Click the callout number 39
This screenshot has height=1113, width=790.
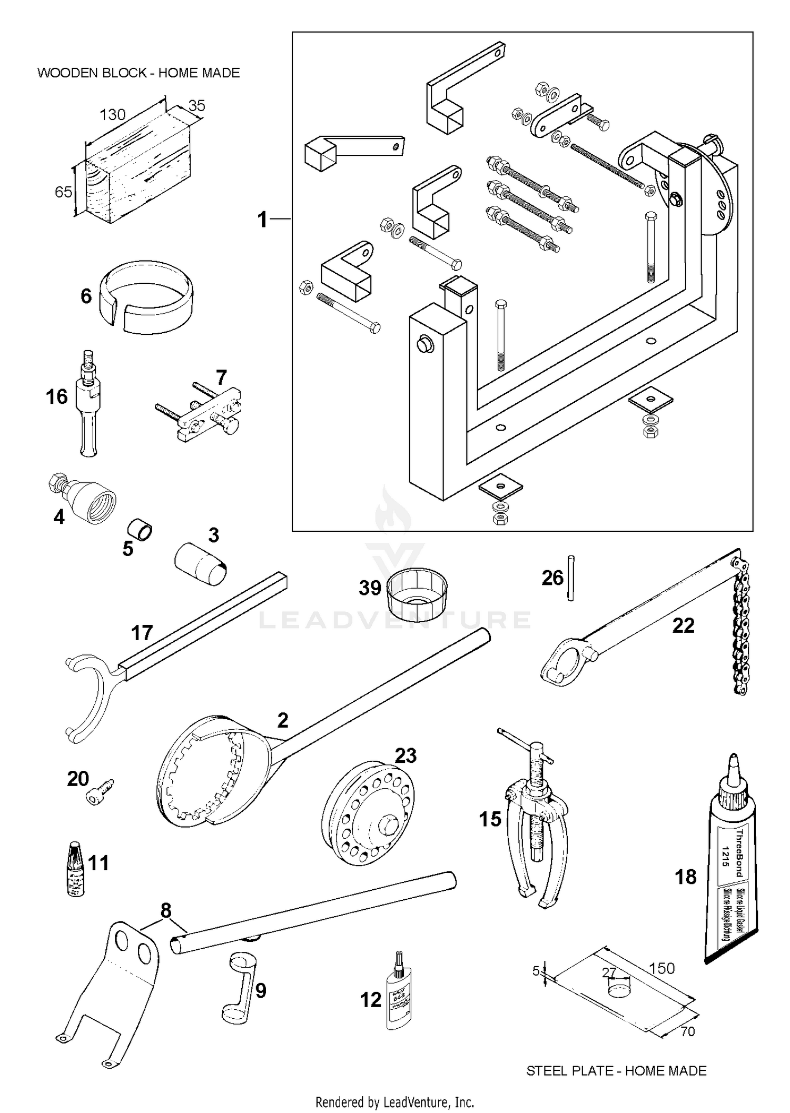coord(370,588)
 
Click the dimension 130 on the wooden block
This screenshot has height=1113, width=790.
coord(113,114)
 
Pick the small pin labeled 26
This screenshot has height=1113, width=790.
coord(571,578)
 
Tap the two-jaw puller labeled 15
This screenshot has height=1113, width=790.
coord(537,821)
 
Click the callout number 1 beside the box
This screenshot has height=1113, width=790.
coord(262,220)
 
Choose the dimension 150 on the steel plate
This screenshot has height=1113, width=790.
coord(661,968)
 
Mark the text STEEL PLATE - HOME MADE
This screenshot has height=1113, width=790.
coord(616,1070)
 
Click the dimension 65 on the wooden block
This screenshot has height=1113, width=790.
coord(63,192)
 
